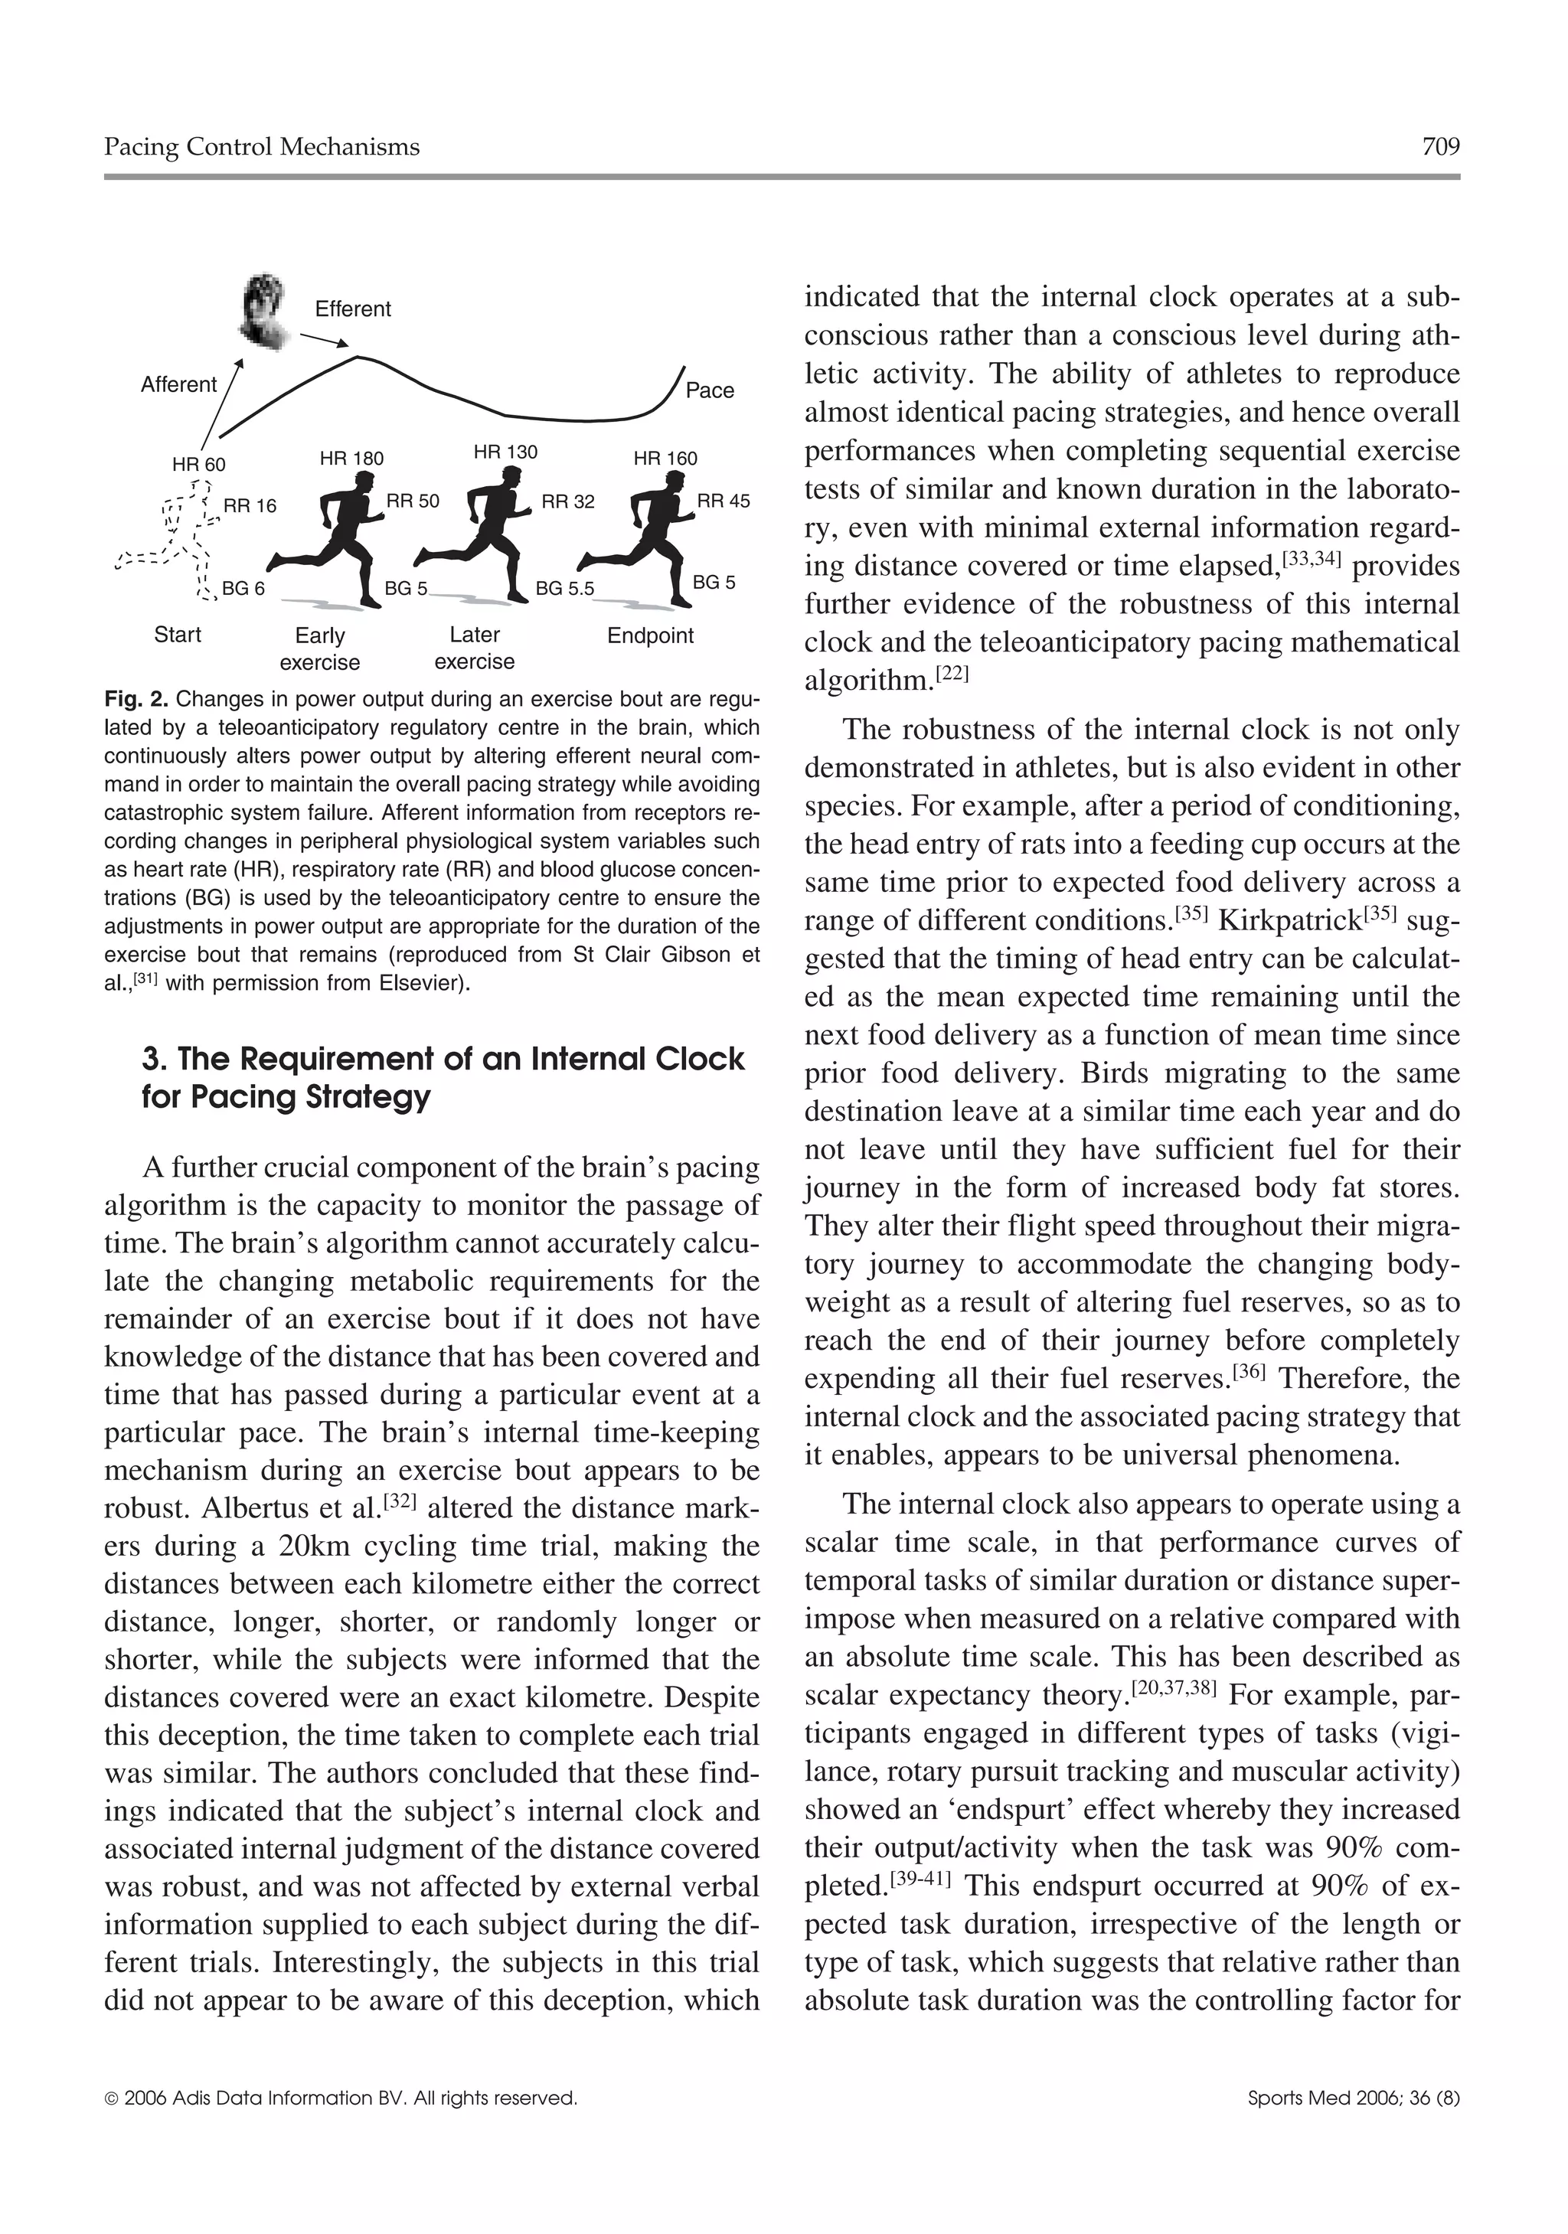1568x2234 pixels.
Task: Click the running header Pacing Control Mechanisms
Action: click(262, 147)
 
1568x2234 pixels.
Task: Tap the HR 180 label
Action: click(351, 459)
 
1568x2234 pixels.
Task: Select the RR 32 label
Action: click(567, 502)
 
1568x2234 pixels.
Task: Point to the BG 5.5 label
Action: click(564, 590)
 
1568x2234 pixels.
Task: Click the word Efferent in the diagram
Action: click(352, 309)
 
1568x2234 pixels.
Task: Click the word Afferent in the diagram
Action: click(178, 384)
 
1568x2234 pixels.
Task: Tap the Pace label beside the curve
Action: click(710, 390)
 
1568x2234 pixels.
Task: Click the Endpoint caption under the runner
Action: click(650, 635)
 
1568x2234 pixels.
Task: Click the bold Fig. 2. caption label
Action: click(137, 699)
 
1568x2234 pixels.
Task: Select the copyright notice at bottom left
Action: click(340, 2098)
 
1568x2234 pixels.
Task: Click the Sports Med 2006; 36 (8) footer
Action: click(1354, 2098)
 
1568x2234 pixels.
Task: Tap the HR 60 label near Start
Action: click(198, 464)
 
